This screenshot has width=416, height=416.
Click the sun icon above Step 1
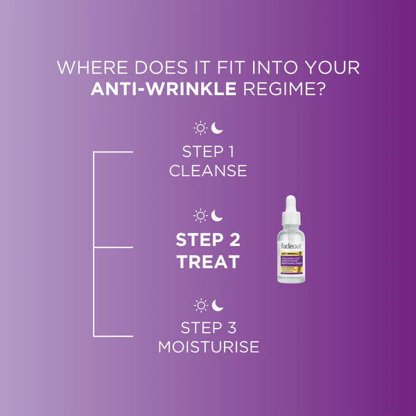200,128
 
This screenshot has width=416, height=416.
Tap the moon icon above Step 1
217,128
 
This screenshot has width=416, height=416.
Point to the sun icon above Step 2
200,216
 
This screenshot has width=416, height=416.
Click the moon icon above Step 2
217,216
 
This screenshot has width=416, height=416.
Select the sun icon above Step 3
200,304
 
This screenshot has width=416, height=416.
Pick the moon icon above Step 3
217,304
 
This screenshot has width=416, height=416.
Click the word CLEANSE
208,171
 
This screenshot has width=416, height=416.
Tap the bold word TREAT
208,262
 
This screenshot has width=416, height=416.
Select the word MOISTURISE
208,347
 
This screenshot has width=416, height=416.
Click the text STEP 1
208,151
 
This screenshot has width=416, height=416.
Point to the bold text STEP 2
208,240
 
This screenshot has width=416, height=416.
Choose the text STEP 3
208,328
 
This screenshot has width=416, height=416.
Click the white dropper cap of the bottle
290,207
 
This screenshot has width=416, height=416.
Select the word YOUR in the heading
332,69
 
